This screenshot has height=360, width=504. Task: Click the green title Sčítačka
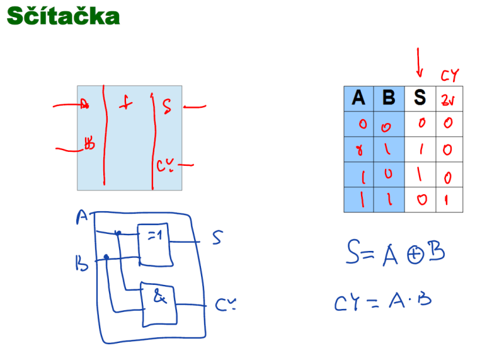(63, 16)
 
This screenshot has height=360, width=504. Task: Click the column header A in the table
(358, 98)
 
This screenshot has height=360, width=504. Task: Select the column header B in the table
(389, 98)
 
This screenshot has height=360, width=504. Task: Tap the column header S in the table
(420, 98)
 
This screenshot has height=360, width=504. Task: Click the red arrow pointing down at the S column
(420, 63)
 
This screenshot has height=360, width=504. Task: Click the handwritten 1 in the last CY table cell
(448, 199)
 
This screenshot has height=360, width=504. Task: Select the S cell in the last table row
(420, 199)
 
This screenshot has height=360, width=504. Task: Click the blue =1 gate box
(154, 244)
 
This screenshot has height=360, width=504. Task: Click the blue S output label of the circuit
(217, 238)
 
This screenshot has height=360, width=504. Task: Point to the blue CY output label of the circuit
(226, 305)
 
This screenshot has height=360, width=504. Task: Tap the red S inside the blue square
(166, 105)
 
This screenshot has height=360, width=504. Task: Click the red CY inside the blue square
(165, 166)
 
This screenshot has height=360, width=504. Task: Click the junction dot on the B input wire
(106, 257)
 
